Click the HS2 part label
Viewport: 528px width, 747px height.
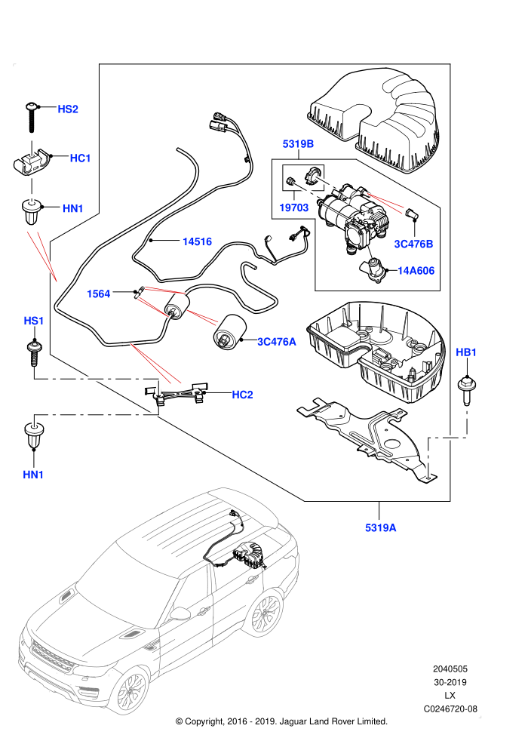(68, 109)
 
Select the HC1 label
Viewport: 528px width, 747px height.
(80, 158)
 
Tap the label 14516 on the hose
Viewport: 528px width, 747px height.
(197, 241)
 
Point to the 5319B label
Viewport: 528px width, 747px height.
(298, 144)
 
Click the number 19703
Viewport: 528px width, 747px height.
(293, 207)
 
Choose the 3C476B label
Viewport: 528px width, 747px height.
(414, 244)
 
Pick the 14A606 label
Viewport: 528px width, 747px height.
(416, 271)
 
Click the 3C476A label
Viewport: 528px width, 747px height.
(277, 342)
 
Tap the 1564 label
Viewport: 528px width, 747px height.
(99, 294)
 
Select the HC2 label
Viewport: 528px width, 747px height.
(242, 395)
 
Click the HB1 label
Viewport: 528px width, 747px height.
(466, 352)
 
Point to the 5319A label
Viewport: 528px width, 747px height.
(381, 527)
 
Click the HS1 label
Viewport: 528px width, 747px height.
(33, 321)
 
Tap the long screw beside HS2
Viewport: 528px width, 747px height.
(32, 118)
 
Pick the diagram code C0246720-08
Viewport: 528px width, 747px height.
(450, 709)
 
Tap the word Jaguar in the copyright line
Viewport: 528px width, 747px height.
(294, 721)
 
